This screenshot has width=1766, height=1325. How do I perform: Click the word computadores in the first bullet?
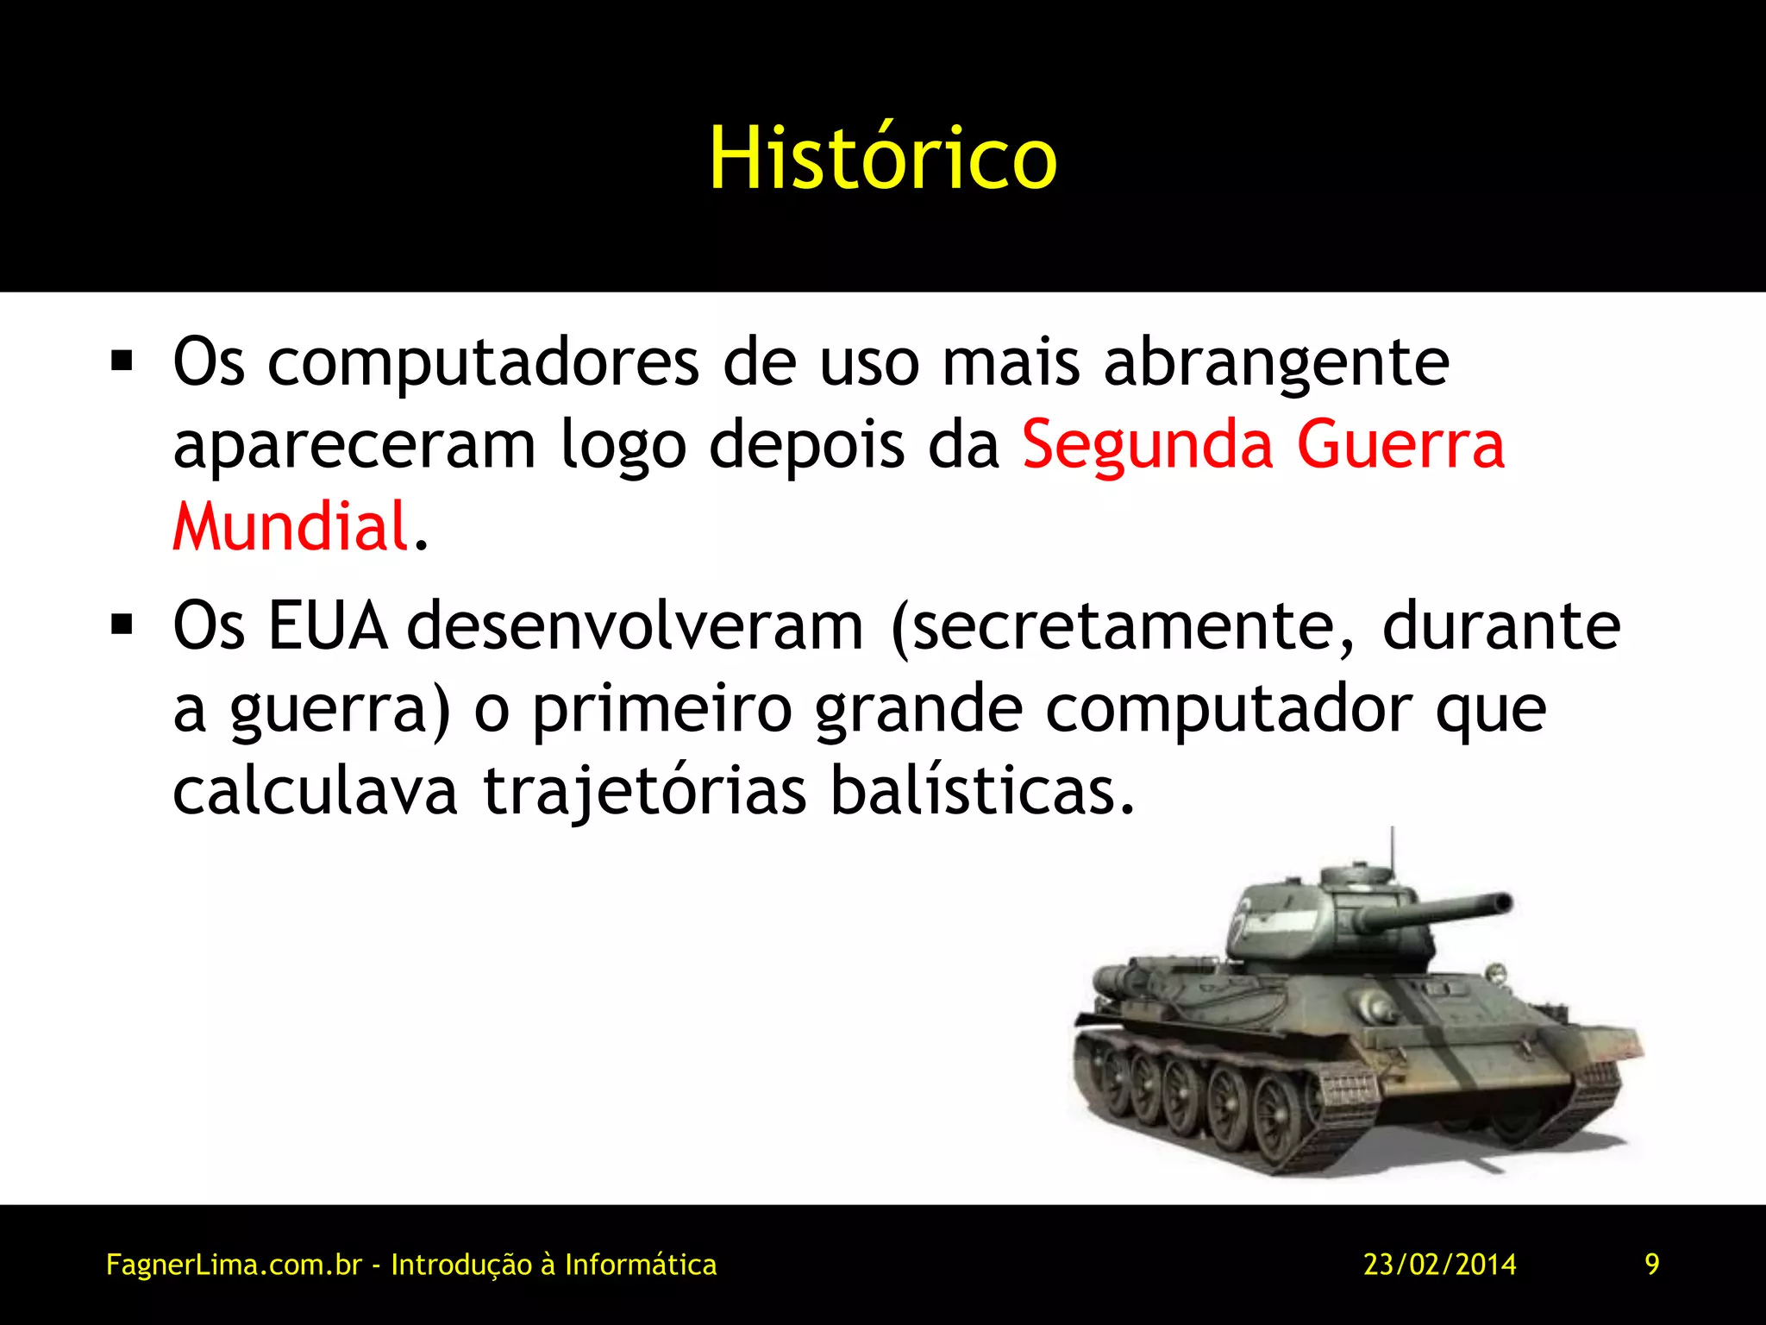pos(483,362)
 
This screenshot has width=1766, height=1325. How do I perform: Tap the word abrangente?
pos(1276,362)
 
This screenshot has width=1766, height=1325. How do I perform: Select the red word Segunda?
pos(1147,444)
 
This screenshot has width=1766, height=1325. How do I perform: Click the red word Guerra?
pos(1400,444)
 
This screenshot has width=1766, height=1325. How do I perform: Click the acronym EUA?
pos(327,625)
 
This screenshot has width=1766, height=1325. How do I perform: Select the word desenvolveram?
pos(635,625)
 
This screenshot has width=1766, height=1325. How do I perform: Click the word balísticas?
pos(982,791)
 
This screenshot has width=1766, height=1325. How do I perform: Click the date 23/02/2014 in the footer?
pos(1439,1265)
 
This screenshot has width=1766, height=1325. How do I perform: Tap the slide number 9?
pos(1651,1265)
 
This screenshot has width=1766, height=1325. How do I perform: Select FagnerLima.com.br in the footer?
pos(233,1265)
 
